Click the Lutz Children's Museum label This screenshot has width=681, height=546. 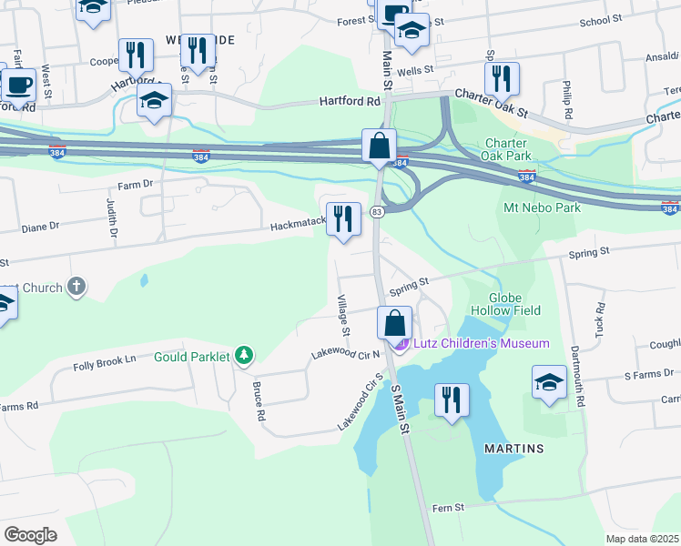[x=482, y=343]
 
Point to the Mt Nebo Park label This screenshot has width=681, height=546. [x=542, y=208]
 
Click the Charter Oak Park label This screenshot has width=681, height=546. [x=508, y=149]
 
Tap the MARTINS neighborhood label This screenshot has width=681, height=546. [x=514, y=449]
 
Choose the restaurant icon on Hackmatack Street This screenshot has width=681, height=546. [x=343, y=220]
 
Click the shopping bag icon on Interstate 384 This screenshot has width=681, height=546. [x=379, y=146]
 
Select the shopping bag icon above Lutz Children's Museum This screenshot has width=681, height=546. [x=395, y=323]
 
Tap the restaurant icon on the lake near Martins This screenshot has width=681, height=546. [x=452, y=400]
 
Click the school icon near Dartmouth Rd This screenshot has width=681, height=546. [x=550, y=382]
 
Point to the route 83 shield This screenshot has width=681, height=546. [x=376, y=211]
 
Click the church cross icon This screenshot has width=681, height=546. [x=76, y=288]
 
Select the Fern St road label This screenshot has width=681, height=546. [x=448, y=508]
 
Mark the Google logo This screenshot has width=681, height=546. [x=31, y=534]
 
